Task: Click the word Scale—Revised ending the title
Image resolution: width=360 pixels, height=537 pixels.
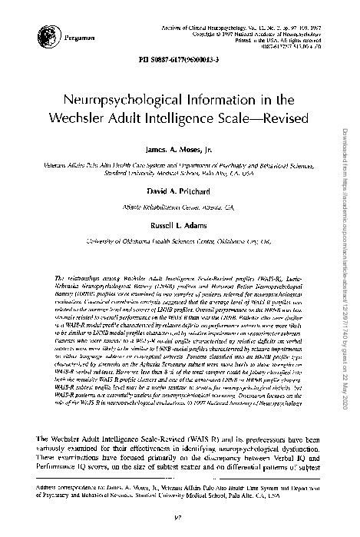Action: click(x=274, y=121)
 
